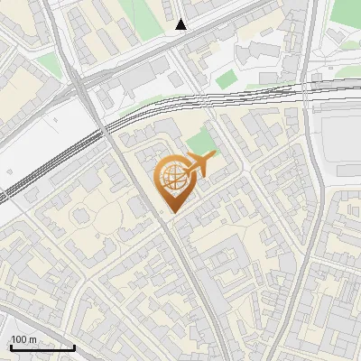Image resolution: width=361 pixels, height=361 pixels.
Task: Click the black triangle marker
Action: pyautogui.click(x=182, y=24)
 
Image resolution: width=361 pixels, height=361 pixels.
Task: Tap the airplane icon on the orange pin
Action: pyautogui.click(x=196, y=165)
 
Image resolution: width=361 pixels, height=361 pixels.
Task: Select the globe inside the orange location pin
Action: pyautogui.click(x=171, y=178)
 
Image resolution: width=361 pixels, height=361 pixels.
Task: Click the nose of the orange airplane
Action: pyautogui.click(x=214, y=157)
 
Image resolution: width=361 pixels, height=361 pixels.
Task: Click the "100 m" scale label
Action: pyautogui.click(x=24, y=339)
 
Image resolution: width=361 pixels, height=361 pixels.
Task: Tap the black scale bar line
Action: pyautogui.click(x=42, y=347)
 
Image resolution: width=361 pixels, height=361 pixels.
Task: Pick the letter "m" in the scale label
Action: pyautogui.click(x=32, y=339)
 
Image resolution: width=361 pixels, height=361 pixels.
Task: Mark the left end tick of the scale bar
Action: pyautogui.click(x=10, y=346)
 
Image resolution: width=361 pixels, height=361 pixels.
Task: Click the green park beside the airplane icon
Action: pyautogui.click(x=202, y=143)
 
